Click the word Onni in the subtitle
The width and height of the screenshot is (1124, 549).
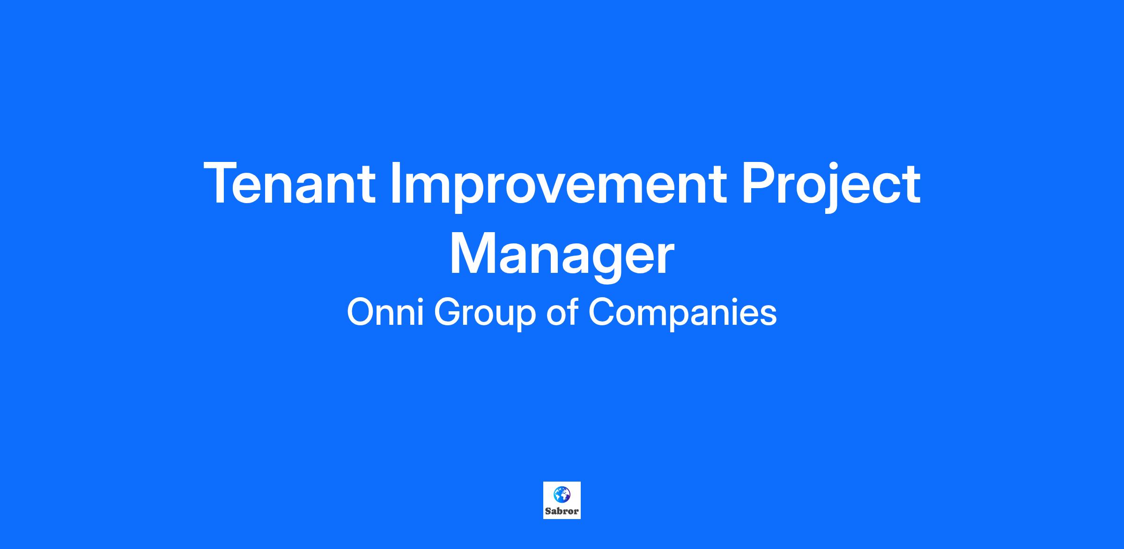pos(385,312)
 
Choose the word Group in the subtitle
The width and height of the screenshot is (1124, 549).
pos(485,315)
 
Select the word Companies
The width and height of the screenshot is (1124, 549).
pos(682,315)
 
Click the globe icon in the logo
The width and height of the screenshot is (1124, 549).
pos(562,494)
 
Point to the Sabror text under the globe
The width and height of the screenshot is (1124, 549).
pos(562,511)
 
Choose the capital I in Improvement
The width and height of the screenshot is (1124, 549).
pos(395,183)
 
